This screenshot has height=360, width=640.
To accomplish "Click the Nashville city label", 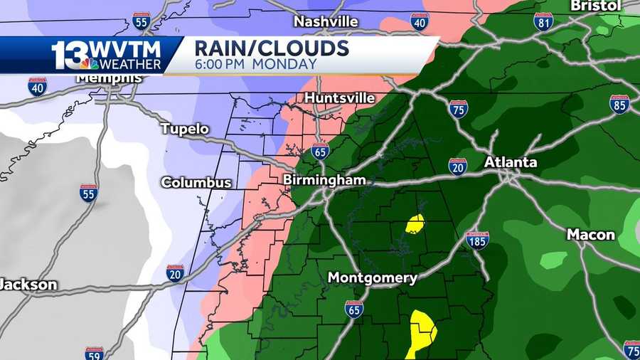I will tap(326, 21).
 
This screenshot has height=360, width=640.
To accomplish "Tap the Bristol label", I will tap(595, 6).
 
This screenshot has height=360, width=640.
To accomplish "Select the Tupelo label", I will tap(185, 129).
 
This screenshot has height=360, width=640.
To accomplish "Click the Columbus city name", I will tap(196, 183).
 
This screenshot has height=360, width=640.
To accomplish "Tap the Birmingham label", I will tap(324, 180).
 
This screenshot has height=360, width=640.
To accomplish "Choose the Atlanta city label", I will tap(511, 162).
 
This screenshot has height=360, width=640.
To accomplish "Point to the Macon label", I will tap(591, 235).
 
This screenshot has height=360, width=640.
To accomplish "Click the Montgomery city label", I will tap(372, 277).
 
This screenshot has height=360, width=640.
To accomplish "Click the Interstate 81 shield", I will tap(544, 21).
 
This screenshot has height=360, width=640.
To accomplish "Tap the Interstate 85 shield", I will tap(619, 104).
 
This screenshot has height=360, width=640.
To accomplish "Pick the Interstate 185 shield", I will tap(477, 240).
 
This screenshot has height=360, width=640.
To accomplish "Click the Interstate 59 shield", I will tap(94, 354).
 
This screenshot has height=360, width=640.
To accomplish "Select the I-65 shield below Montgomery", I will tap(354, 309).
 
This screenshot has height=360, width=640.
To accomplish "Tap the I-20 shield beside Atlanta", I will tap(458, 166).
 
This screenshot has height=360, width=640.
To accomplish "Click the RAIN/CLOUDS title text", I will tap(272, 48).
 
